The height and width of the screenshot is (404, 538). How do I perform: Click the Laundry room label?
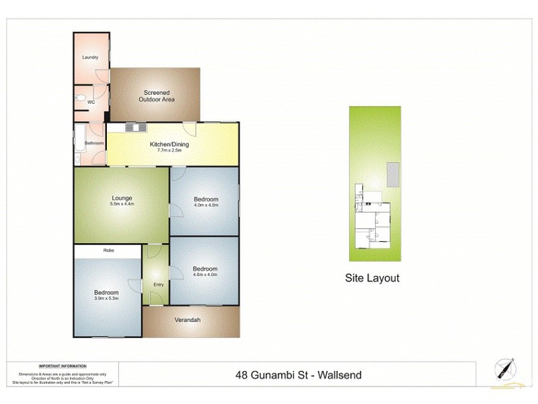[90, 57]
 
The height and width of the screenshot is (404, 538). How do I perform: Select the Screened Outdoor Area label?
[156, 96]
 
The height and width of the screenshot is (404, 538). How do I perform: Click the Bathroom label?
[93, 143]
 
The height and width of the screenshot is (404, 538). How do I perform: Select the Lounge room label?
[122, 198]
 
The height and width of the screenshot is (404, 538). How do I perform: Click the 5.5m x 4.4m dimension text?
[122, 204]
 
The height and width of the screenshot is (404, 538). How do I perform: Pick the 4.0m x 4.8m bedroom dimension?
[206, 205]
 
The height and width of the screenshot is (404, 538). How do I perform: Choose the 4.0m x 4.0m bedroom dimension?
[205, 275]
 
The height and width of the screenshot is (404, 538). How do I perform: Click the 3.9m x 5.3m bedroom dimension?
[106, 299]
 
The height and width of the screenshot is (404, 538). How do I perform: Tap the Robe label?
[108, 250]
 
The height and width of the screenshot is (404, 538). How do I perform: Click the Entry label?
[159, 285]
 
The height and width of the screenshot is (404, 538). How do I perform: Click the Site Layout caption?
[372, 277]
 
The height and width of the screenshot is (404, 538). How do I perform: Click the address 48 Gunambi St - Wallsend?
[296, 374]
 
